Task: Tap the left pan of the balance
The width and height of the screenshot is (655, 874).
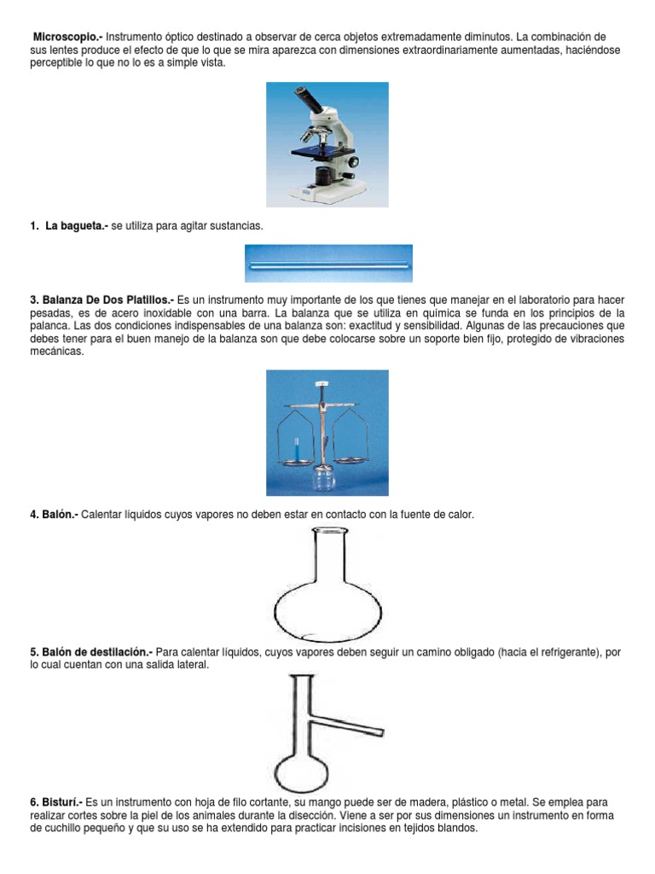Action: pos(292,461)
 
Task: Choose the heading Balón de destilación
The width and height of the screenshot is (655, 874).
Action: pos(93,652)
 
